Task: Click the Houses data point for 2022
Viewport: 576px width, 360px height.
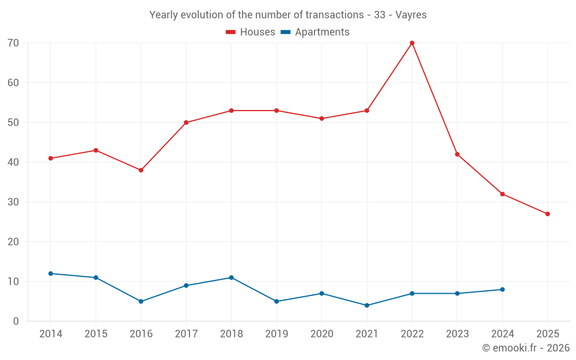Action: pos(412,43)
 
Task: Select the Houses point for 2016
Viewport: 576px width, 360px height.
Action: pos(141,170)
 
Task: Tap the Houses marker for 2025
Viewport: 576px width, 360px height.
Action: pos(547,214)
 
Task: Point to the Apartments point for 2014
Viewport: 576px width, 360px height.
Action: pos(51,274)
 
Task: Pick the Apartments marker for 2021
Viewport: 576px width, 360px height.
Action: pos(367,305)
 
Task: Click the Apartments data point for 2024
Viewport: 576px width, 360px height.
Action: pos(502,290)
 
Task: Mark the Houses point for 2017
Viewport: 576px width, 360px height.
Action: pos(186,123)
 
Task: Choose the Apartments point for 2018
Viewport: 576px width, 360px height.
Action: pos(231,278)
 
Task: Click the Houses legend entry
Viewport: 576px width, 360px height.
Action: pos(250,32)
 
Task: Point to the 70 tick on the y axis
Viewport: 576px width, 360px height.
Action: pos(13,43)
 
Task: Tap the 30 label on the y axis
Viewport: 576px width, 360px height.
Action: pos(13,202)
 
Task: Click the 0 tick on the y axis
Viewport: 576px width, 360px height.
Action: pos(16,321)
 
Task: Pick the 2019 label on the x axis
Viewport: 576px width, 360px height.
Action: pos(276,334)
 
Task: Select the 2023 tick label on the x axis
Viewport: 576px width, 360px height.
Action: pos(457,334)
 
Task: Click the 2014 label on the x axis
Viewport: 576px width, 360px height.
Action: pos(51,334)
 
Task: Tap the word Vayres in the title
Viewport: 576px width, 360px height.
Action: pos(411,15)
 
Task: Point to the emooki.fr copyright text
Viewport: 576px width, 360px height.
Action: pos(526,348)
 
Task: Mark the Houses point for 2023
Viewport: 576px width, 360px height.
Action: pos(457,154)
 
